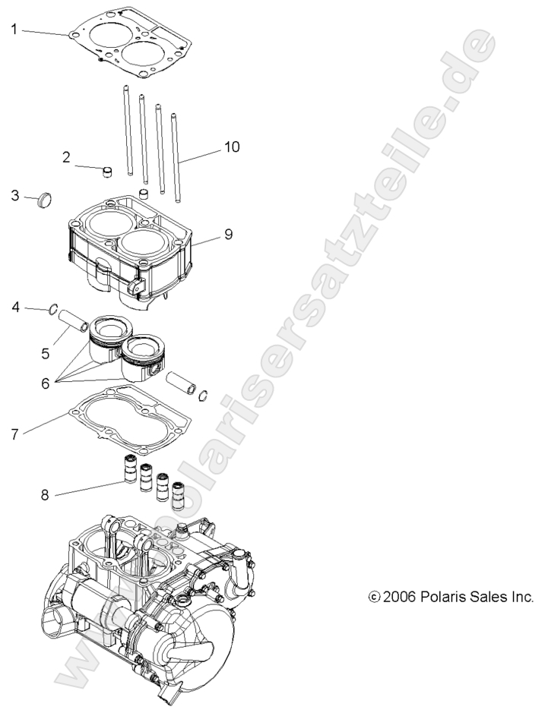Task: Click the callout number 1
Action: click(14, 30)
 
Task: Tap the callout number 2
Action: click(67, 157)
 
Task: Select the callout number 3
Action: click(14, 195)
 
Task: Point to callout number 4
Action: click(15, 307)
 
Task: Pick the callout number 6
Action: click(45, 384)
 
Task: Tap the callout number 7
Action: click(14, 434)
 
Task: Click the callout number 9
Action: click(227, 235)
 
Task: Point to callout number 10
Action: click(232, 147)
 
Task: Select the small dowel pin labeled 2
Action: click(107, 170)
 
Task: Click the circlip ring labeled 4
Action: click(52, 309)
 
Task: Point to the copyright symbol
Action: click(373, 598)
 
